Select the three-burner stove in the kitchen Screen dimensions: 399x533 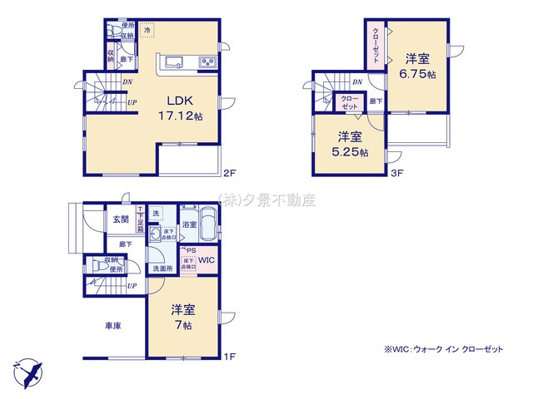[x=205, y=62]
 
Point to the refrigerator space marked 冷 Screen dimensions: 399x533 [x=147, y=31]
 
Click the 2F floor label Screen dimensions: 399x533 [x=230, y=175]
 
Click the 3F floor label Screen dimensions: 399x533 [x=398, y=175]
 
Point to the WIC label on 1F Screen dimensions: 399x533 [x=207, y=261]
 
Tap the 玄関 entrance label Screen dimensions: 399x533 [x=122, y=219]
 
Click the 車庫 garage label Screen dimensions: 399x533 [x=114, y=326]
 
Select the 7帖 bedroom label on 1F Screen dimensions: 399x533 [x=183, y=316]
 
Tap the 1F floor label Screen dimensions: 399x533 [x=230, y=357]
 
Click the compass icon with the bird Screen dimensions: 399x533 [x=27, y=371]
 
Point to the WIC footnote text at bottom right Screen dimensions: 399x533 [x=444, y=350]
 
